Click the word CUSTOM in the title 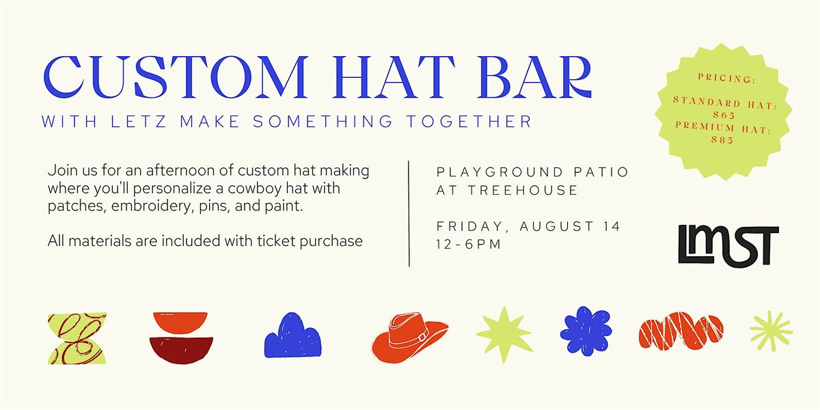(x=176, y=77)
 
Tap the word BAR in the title (x=534, y=77)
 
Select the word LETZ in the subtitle (x=139, y=122)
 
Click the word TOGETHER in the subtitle (x=469, y=122)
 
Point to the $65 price (x=724, y=115)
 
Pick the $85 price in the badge (x=722, y=139)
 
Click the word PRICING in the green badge (x=726, y=78)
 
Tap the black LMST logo (x=728, y=245)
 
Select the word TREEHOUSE (x=523, y=190)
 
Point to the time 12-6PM (x=468, y=244)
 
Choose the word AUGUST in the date (x=556, y=226)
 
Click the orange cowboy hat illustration (x=410, y=338)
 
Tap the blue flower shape (x=586, y=331)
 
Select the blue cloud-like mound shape (x=293, y=336)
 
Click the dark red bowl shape (x=181, y=351)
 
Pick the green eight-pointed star (x=504, y=334)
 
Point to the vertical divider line (x=409, y=213)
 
